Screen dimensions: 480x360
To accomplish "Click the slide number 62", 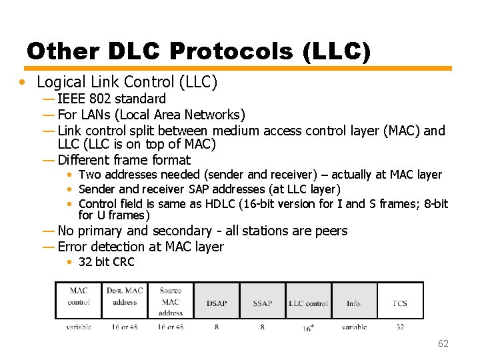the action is pyautogui.click(x=443, y=343).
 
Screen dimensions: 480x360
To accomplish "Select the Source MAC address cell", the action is pyautogui.click(x=171, y=301).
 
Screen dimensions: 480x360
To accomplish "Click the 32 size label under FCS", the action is pyautogui.click(x=400, y=327).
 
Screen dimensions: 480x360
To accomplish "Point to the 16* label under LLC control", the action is pyautogui.click(x=308, y=328).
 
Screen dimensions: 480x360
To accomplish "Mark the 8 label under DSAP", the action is pyautogui.click(x=217, y=327).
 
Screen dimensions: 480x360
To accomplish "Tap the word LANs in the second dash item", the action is pyautogui.click(x=95, y=115).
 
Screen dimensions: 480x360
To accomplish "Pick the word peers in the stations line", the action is pyautogui.click(x=331, y=231).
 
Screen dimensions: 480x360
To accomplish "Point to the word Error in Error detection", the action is pyautogui.click(x=73, y=247).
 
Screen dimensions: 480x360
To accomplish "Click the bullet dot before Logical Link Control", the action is pyautogui.click(x=23, y=83).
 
